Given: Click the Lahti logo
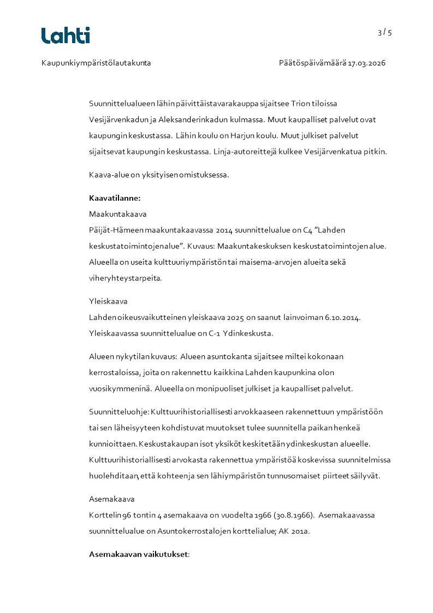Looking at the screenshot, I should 66,35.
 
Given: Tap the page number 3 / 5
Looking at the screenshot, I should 384,33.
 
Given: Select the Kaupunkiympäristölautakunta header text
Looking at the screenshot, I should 96,63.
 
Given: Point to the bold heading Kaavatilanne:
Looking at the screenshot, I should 115,198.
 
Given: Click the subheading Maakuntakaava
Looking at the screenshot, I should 117,214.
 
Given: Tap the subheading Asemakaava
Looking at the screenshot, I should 111,499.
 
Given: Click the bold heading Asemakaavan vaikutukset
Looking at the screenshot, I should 138,555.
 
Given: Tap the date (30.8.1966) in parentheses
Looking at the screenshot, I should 289,515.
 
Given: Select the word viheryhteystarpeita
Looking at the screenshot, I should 125,278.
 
